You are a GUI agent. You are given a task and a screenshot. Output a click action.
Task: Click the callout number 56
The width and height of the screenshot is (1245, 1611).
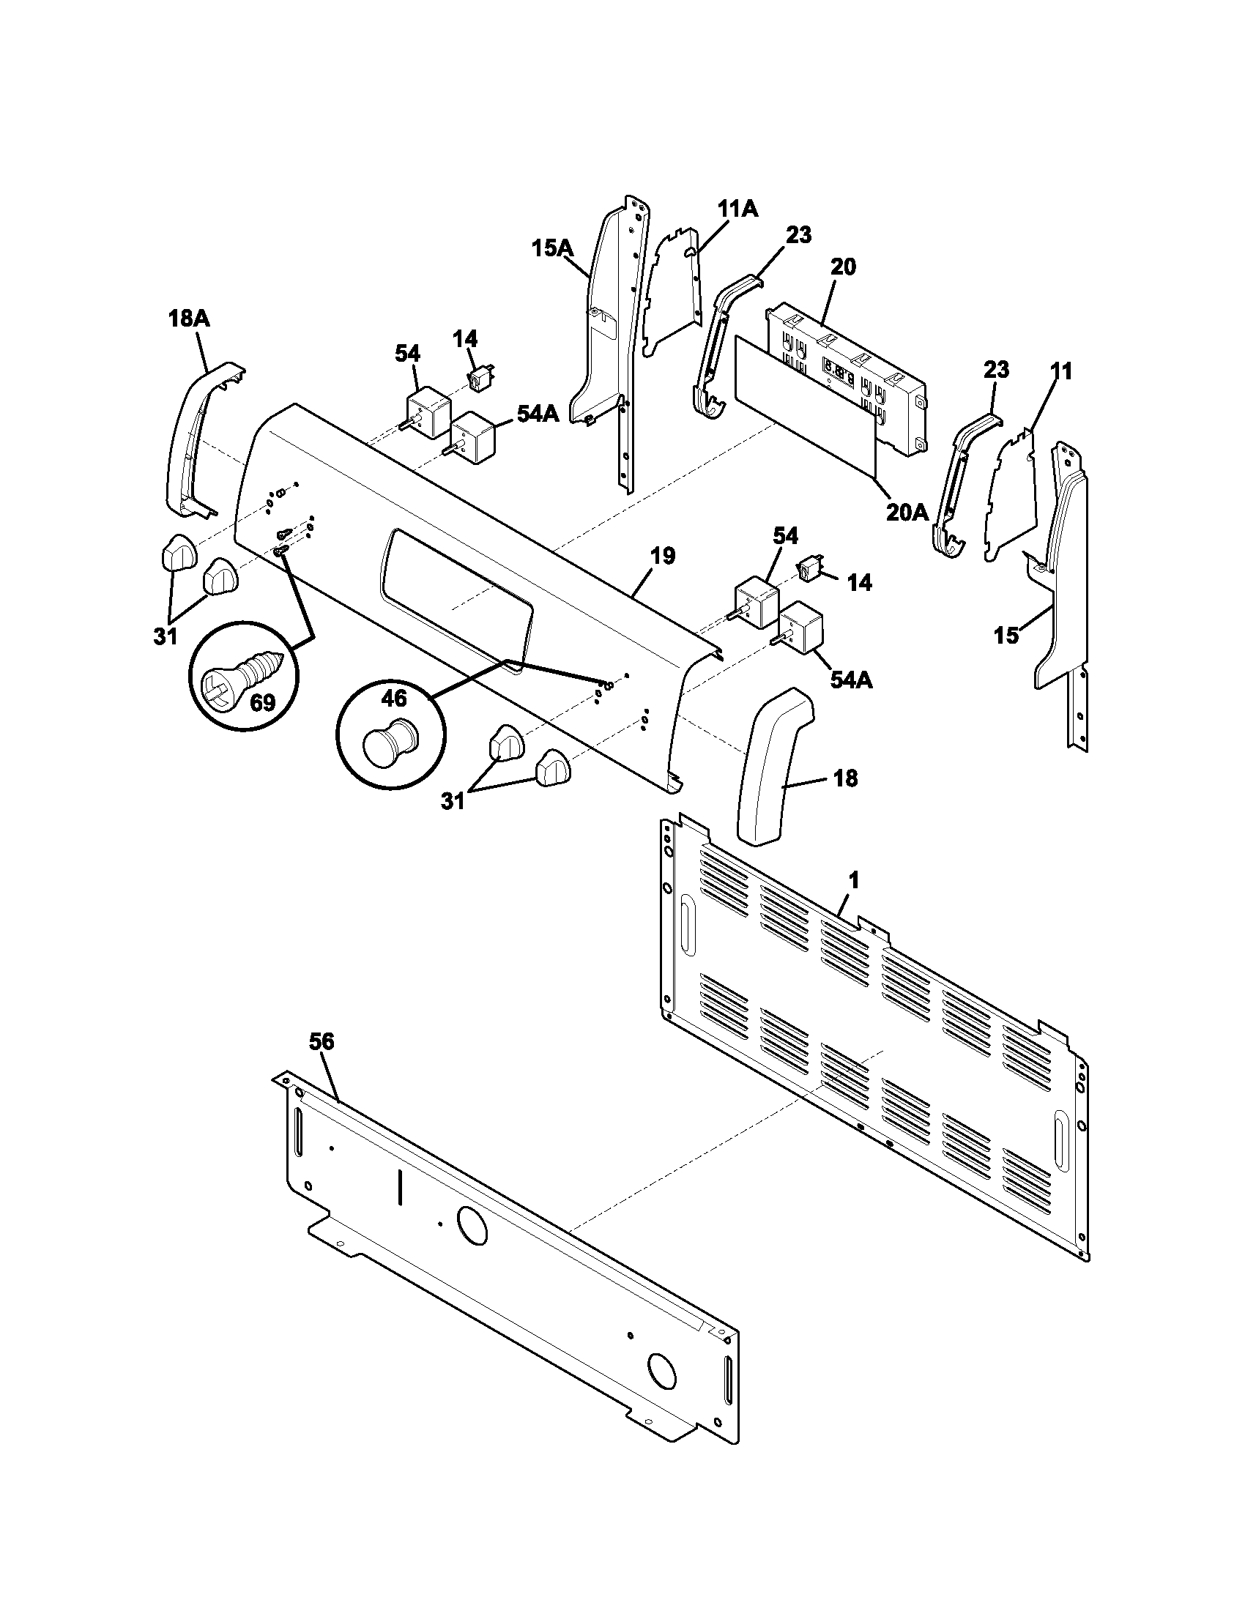[x=321, y=1041]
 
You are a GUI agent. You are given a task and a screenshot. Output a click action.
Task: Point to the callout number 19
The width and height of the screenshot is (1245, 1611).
[x=663, y=556]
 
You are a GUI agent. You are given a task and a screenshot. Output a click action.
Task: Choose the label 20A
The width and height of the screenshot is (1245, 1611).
[x=907, y=511]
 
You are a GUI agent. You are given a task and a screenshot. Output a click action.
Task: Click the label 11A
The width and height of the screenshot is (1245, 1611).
[x=738, y=209]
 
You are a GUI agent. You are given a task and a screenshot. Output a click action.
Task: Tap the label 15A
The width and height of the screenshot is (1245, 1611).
[x=553, y=248]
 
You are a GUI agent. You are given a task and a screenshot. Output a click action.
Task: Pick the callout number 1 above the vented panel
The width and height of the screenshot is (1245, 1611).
[x=853, y=880]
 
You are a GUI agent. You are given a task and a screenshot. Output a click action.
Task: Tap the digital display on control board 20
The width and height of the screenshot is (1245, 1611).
[x=839, y=373]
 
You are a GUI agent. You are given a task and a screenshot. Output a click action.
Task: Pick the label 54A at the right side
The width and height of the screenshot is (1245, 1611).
[x=851, y=680]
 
